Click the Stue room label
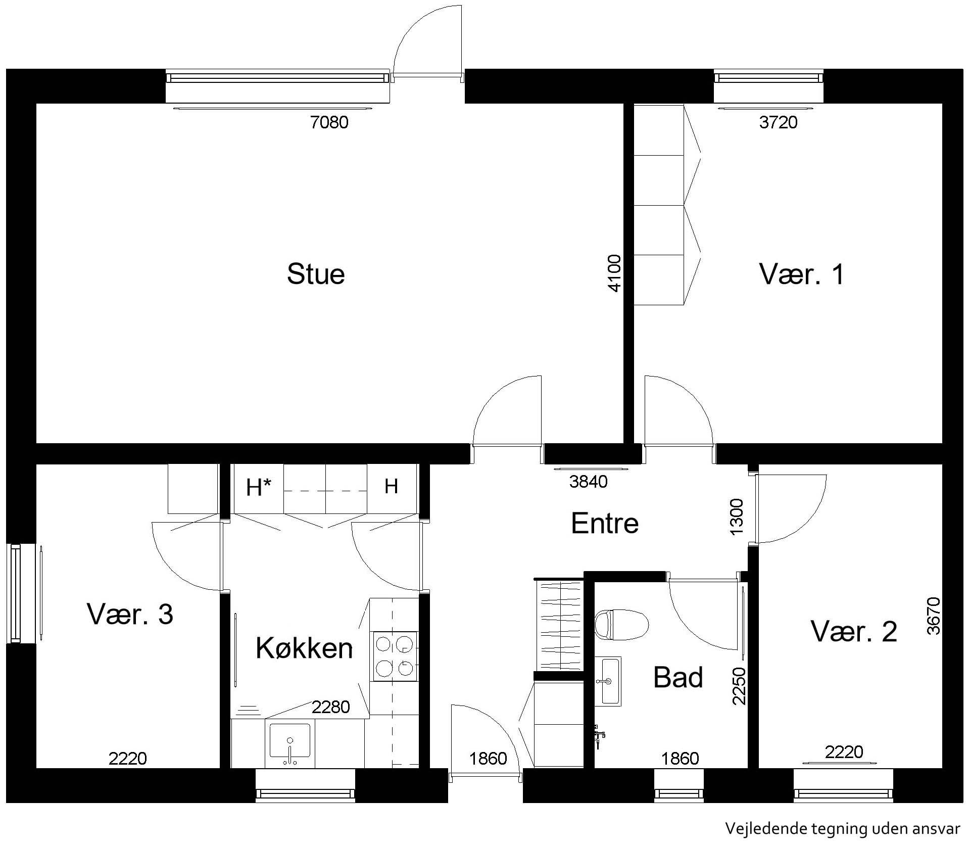click(x=316, y=274)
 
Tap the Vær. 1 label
click(x=801, y=274)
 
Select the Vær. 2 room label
click(x=854, y=631)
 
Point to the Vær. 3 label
click(x=130, y=614)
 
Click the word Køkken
click(x=304, y=648)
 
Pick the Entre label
click(x=605, y=523)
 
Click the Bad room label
click(x=678, y=677)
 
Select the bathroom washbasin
click(x=608, y=681)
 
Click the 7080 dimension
click(x=329, y=122)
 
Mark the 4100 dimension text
click(x=614, y=273)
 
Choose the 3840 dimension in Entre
click(x=588, y=482)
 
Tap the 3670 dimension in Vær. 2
click(x=934, y=616)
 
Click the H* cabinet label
click(x=259, y=487)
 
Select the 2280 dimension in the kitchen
click(x=331, y=707)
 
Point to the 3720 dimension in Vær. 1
click(x=778, y=122)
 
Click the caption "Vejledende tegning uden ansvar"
click(x=842, y=828)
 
